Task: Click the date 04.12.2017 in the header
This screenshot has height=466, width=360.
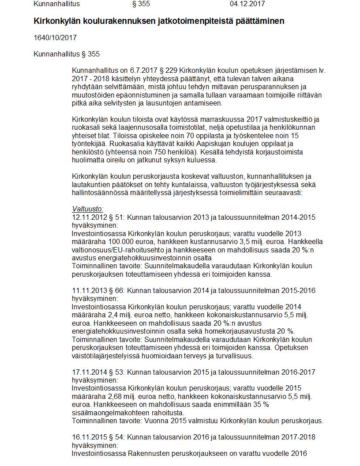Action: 247,4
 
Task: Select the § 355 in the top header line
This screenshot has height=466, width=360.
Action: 141,4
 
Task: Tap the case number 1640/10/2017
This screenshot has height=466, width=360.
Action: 55,38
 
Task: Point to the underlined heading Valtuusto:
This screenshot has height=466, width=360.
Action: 87,209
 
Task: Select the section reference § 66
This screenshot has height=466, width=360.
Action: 116,290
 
